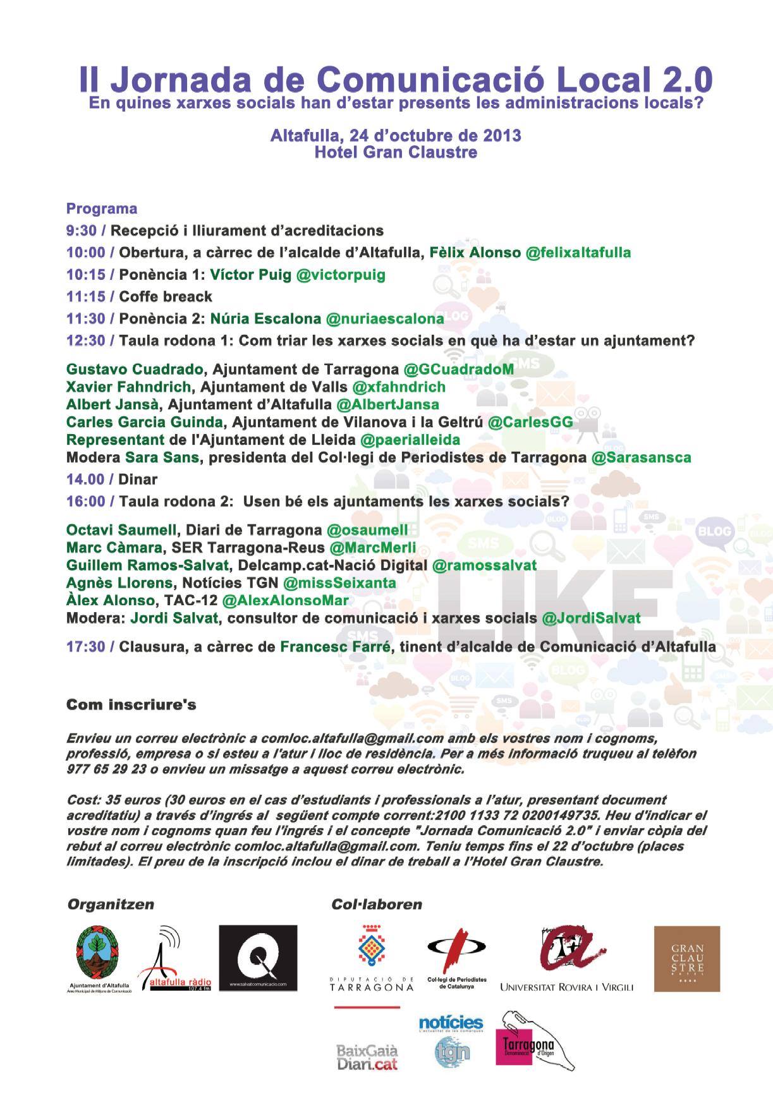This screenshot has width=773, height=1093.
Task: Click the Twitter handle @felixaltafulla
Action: pyautogui.click(x=578, y=253)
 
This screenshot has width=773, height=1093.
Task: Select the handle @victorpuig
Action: pyautogui.click(x=341, y=275)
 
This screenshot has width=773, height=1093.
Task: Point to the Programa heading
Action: pyautogui.click(x=102, y=208)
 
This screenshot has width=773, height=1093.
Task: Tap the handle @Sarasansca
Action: pyautogui.click(x=640, y=457)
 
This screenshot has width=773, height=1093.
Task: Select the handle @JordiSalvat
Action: pyautogui.click(x=591, y=618)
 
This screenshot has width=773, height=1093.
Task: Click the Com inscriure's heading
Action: pyautogui.click(x=131, y=704)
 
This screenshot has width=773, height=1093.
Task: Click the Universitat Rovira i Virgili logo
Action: pyautogui.click(x=566, y=960)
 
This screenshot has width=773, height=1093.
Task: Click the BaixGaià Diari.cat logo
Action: pyautogui.click(x=367, y=1057)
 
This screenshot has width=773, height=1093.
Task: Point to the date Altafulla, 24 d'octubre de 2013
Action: pyautogui.click(x=396, y=135)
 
